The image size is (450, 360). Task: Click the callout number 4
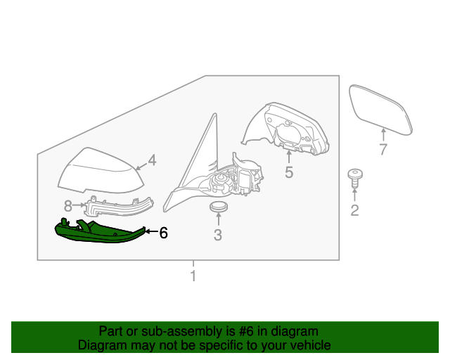152,160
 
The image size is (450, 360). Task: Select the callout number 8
67,205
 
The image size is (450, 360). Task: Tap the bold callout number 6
163,233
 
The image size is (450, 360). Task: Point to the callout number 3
218,235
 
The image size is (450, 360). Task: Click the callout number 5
289,172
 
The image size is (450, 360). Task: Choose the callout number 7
383,149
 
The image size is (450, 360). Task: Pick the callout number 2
354,210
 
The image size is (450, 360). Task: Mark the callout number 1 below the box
193,276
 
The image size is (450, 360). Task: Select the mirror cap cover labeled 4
101,172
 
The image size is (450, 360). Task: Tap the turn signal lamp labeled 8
118,207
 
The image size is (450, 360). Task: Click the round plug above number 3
219,207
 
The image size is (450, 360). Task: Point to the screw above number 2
355,179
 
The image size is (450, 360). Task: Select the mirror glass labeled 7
380,110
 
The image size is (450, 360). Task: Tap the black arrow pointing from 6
151,231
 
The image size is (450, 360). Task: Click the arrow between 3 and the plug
219,219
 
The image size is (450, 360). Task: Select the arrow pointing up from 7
383,134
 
